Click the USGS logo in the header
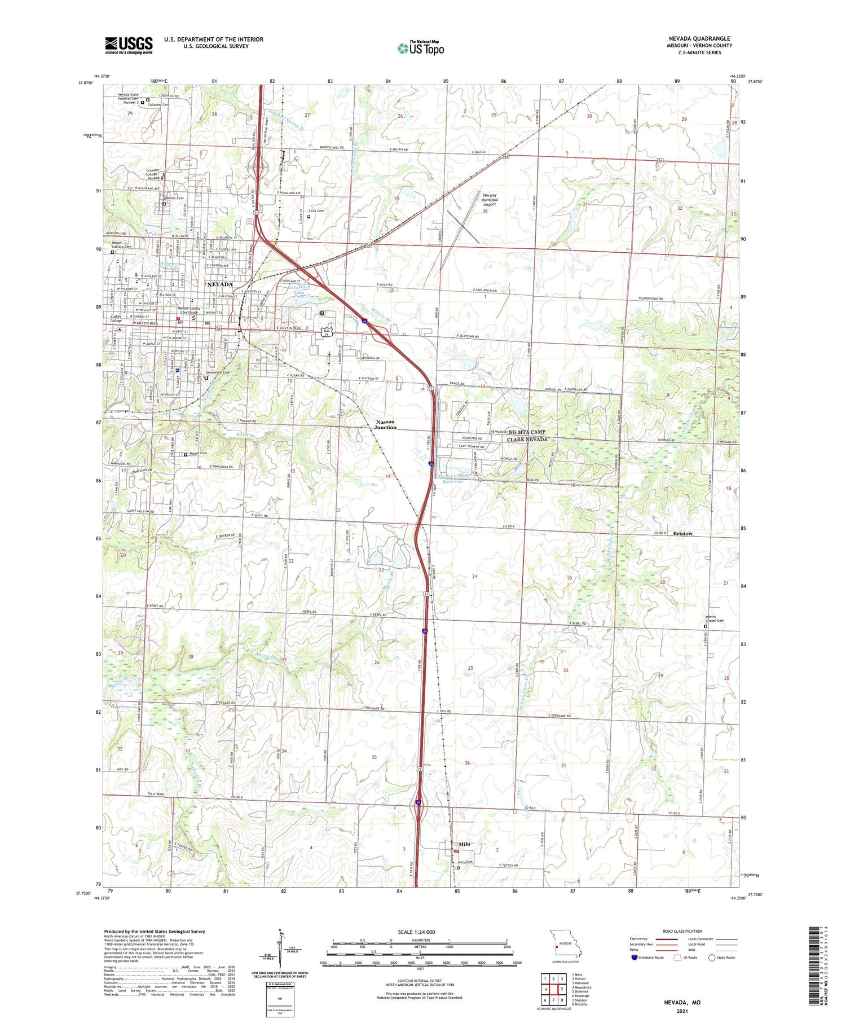pos(129,45)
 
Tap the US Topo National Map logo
pos(420,49)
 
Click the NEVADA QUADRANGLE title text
pos(699,38)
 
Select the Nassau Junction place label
pos(386,424)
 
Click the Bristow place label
pos(682,533)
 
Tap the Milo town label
pos(464,844)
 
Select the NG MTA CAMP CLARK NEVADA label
pos(527,435)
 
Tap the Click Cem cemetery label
pos(316,211)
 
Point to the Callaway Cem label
pos(158,104)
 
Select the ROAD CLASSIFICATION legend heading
pos(682,931)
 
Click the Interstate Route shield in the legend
pos(634,958)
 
